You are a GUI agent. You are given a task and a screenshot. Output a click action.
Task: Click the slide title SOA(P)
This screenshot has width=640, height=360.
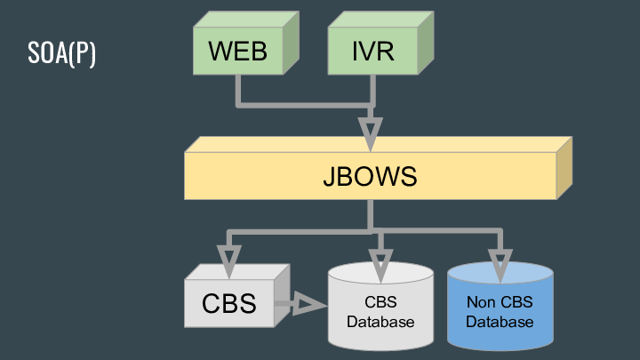tap(61, 52)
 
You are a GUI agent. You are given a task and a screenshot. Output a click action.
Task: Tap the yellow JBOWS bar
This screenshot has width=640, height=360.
tap(370, 175)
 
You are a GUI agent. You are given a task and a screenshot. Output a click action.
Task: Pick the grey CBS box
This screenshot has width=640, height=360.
tap(229, 302)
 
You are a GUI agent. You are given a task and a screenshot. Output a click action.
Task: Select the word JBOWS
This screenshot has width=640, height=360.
tap(370, 176)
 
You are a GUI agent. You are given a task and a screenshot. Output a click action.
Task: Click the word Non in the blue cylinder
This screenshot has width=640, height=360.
tap(480, 302)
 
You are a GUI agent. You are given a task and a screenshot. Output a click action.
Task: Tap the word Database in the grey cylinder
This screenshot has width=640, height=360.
tap(380, 321)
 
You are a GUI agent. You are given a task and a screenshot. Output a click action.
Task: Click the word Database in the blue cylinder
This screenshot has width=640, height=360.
tap(500, 321)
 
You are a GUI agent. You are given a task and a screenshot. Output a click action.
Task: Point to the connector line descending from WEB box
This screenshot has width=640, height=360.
tap(238, 89)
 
